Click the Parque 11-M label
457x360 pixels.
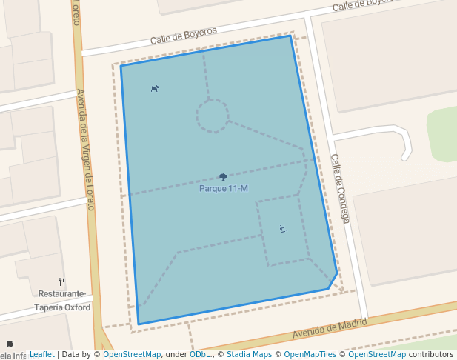pyautogui.click(x=223, y=189)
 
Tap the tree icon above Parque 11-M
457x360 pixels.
pyautogui.click(x=223, y=177)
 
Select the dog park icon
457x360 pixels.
pyautogui.click(x=155, y=89)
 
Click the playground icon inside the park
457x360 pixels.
pyautogui.click(x=283, y=229)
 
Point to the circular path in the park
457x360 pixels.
pyautogui.click(x=212, y=116)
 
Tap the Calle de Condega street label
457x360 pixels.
pyautogui.click(x=339, y=188)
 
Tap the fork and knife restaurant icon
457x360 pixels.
pyautogui.click(x=62, y=281)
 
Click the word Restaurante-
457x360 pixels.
pyautogui.click(x=61, y=294)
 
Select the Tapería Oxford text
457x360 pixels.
pyautogui.click(x=62, y=307)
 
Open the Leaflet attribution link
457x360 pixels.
pyautogui.click(x=41, y=355)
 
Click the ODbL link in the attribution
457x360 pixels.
pyautogui.click(x=200, y=355)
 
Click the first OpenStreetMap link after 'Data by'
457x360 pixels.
pyautogui.click(x=131, y=355)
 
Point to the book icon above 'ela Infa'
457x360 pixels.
pyautogui.click(x=10, y=344)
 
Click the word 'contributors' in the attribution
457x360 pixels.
pyautogui.click(x=431, y=355)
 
